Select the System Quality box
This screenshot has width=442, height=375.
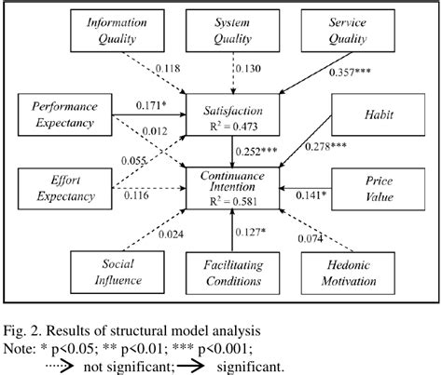click(x=220, y=31)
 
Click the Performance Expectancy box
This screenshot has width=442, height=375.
click(x=61, y=116)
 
